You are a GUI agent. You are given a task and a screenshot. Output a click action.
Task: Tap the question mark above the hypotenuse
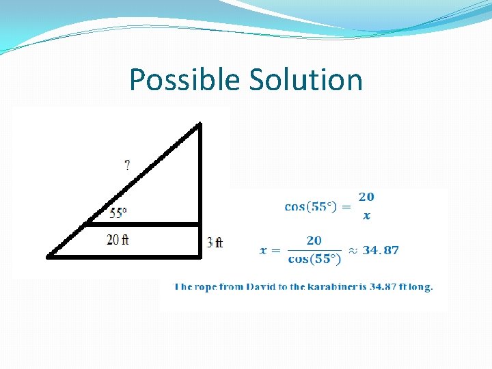tap(127, 165)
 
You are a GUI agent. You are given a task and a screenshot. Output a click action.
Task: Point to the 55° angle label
tap(118, 213)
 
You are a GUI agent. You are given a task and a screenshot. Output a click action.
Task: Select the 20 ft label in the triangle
tap(118, 240)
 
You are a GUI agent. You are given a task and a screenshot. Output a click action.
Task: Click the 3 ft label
tap(215, 242)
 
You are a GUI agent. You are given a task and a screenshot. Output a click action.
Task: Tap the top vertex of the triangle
tap(200, 125)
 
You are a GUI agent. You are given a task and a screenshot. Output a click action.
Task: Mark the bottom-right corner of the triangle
tap(200, 257)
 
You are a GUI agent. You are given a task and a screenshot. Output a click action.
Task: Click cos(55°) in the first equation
tap(311, 206)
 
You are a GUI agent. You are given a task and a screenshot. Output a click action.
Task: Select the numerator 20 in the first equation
tap(366, 197)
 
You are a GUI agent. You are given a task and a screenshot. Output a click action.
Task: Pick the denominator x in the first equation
tap(366, 216)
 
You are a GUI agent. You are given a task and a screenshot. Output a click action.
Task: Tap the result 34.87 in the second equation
tap(381, 250)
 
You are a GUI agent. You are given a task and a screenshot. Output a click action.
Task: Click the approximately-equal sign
tap(353, 250)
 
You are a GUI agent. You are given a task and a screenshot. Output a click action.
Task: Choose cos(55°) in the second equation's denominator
tap(314, 259)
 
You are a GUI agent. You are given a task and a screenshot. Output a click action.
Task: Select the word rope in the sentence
tap(208, 287)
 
